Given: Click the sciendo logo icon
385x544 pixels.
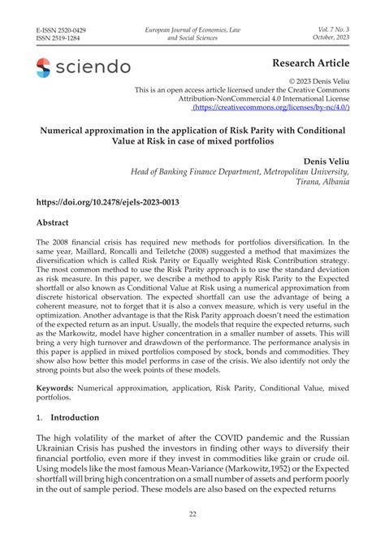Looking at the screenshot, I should coord(43,67).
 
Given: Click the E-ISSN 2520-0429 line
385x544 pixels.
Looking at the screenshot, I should coord(62,30).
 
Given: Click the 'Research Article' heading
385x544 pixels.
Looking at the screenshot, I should coord(311,64).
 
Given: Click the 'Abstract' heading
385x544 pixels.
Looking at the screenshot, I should coord(52,222).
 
